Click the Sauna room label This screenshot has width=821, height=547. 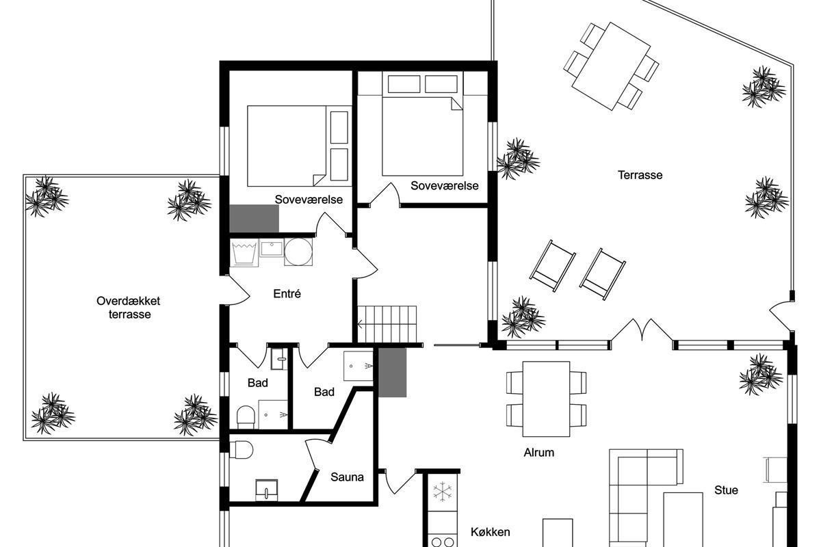pos(347,477)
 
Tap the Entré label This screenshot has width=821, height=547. pos(287,293)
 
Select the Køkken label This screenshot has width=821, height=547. pos(490,532)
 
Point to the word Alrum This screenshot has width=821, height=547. pos(539,453)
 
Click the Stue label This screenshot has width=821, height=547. pos(726,490)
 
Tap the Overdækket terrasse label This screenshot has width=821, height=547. pos(129,308)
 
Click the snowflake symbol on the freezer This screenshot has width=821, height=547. pos(443,492)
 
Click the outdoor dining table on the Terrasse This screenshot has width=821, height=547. pos(611,66)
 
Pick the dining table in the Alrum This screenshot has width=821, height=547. pos(546,399)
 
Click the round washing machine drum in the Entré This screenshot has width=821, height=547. pos(298,252)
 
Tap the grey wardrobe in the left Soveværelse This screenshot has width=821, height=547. pos(254,218)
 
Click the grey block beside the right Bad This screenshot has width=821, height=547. pos(392,372)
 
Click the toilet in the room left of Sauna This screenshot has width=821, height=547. pos(241,449)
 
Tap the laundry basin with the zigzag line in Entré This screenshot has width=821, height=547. pos(244,252)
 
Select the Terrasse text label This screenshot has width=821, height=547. pos(640,175)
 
